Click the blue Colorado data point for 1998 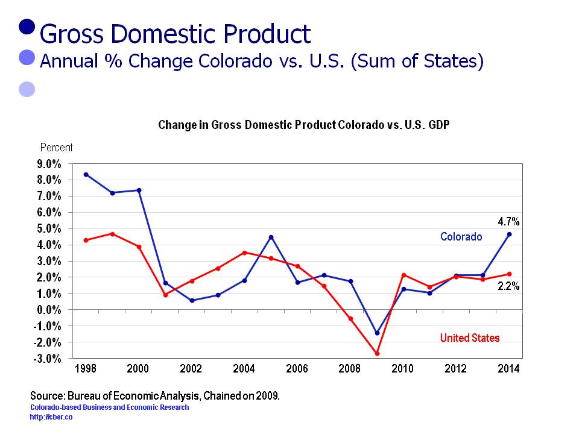click(x=86, y=174)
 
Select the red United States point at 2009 click(x=378, y=353)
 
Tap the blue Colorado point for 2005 click(x=271, y=237)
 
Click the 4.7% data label click(x=508, y=222)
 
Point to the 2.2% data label click(x=508, y=287)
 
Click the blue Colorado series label click(x=461, y=237)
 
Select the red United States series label click(x=470, y=338)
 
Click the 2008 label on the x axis click(x=350, y=369)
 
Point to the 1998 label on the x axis click(x=86, y=369)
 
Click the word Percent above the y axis click(x=56, y=148)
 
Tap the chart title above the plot click(x=303, y=125)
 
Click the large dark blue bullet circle click(x=27, y=27)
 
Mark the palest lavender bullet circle click(x=27, y=89)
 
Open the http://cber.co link click(x=51, y=417)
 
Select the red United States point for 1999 click(x=113, y=233)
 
